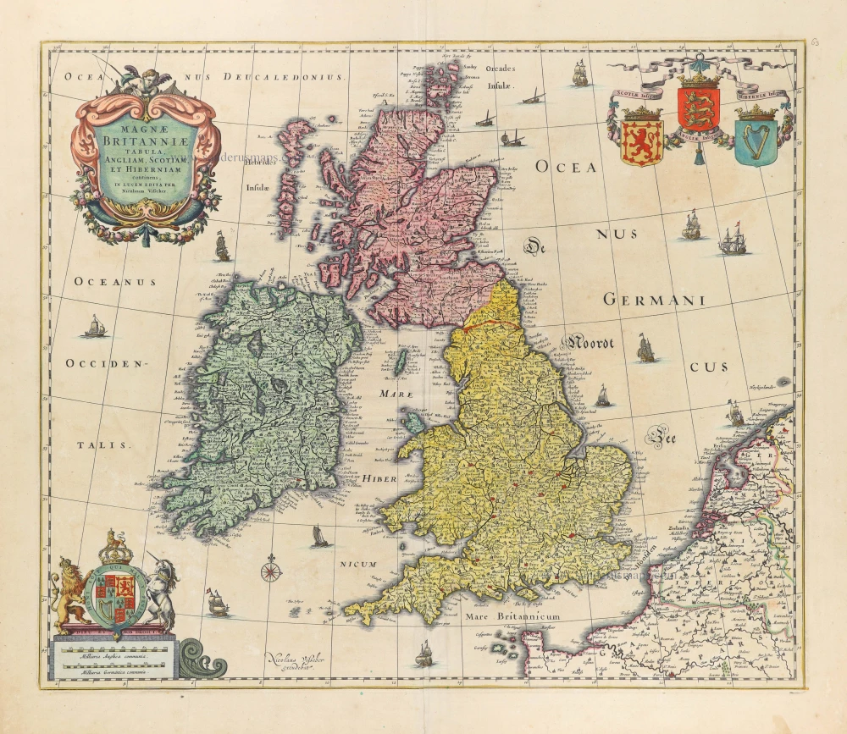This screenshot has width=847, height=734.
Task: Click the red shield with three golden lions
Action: (x=698, y=108)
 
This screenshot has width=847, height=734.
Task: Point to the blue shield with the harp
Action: (x=756, y=141)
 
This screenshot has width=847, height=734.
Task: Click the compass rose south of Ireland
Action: (x=271, y=570)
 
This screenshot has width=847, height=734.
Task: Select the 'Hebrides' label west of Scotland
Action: (x=257, y=164)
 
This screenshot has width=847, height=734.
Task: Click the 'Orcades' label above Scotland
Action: (x=501, y=70)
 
